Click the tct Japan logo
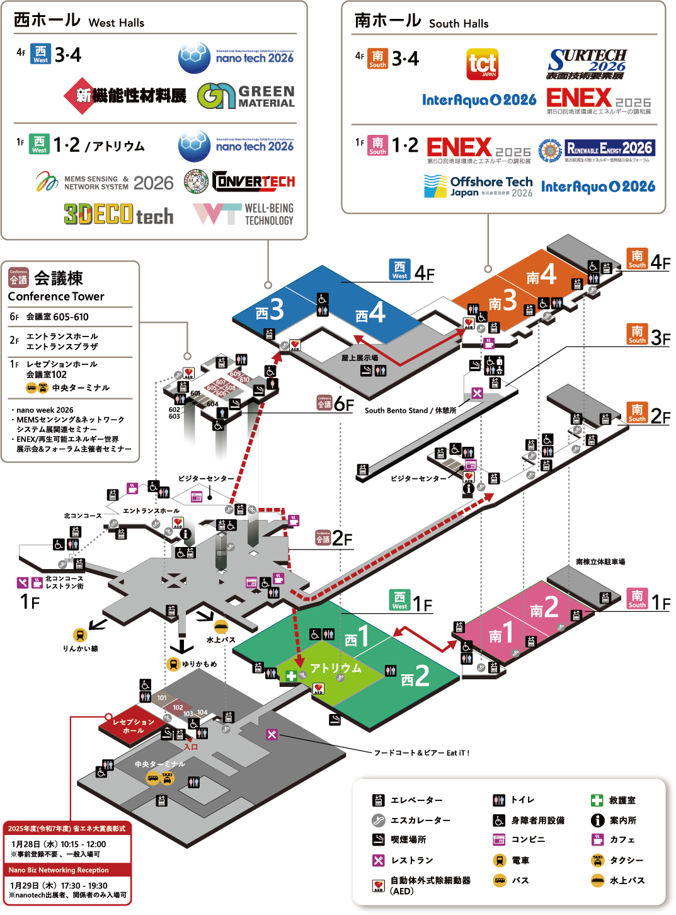(x=482, y=64)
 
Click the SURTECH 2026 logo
(x=587, y=64)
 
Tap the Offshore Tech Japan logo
(x=478, y=187)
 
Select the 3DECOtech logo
(x=118, y=215)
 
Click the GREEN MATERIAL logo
(x=246, y=96)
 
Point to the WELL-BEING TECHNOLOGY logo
(x=243, y=214)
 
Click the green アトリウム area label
(x=335, y=668)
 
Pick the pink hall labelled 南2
(x=544, y=607)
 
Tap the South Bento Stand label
(x=410, y=410)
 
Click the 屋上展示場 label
(x=360, y=357)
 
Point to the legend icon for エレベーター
(x=378, y=800)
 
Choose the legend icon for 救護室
(x=597, y=800)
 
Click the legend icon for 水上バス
(x=597, y=880)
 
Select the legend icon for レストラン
(x=378, y=860)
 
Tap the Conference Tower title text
(x=56, y=296)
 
